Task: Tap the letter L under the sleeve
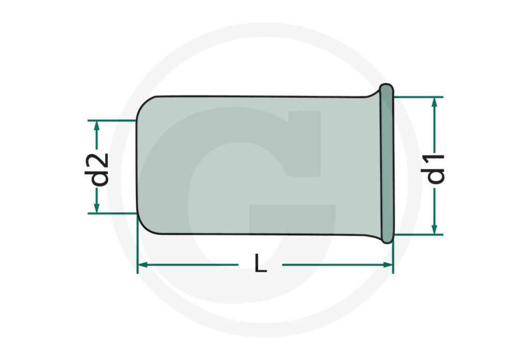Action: tap(261, 263)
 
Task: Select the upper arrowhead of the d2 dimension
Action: tap(97, 126)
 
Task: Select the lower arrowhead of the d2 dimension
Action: tap(97, 208)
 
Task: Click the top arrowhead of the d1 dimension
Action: tap(434, 102)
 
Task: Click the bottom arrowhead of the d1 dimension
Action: tap(434, 229)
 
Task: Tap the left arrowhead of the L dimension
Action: tap(143, 265)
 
